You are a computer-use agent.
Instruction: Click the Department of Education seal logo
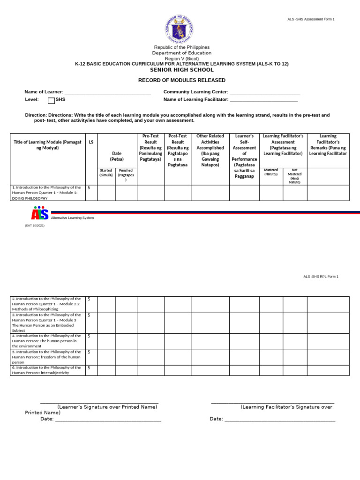pos(180,28)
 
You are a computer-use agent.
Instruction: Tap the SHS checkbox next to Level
pos(52,100)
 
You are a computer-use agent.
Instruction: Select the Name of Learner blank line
pos(107,93)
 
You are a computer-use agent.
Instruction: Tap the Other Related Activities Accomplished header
pos(210,150)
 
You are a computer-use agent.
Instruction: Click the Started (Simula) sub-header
pos(106,172)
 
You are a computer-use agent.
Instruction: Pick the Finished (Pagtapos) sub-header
pos(126,175)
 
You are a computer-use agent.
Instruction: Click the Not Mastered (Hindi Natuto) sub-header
pos(294,176)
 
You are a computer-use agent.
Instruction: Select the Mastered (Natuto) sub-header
pos(271,172)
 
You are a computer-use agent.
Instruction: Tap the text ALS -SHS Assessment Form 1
pos(311,19)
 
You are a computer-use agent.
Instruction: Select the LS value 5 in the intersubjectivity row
pos(89,368)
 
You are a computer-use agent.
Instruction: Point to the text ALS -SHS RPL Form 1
pos(321,277)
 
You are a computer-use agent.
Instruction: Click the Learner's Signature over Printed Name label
pos(107,407)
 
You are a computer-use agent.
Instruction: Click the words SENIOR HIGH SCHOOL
pos(181,70)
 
